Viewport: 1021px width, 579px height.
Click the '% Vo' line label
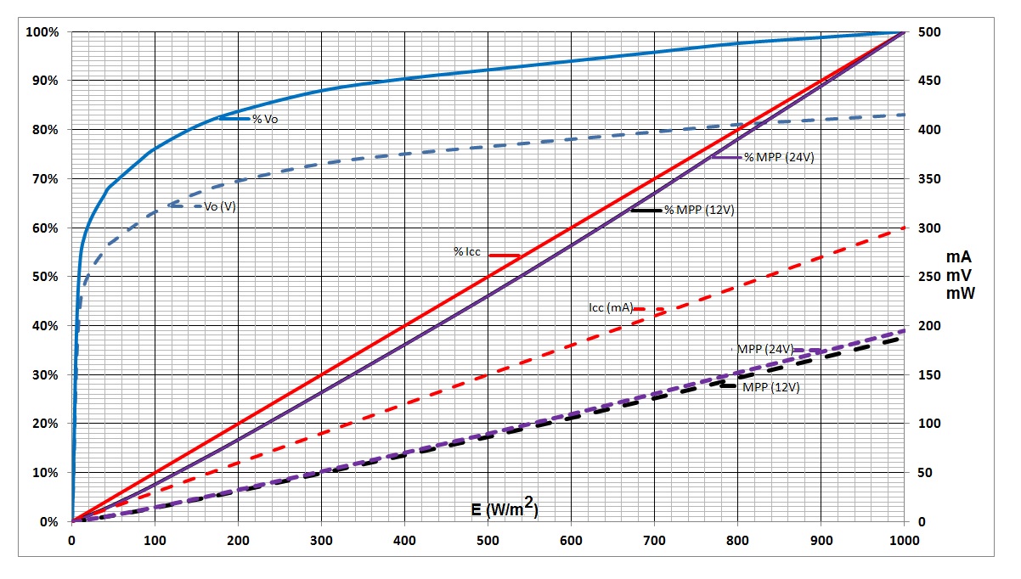265,119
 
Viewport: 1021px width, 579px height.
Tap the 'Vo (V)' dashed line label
220,206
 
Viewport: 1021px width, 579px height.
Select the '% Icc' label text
467,251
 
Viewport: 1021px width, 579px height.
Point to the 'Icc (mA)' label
610,307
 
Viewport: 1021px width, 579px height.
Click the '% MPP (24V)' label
779,157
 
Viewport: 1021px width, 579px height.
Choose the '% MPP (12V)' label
699,211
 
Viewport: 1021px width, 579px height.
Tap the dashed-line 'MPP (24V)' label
764,349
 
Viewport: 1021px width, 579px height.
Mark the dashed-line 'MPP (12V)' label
770,387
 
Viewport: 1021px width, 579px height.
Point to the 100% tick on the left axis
42,32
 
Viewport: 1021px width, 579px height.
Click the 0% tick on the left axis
48,521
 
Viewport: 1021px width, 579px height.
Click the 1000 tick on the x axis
904,538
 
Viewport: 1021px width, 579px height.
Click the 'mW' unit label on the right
960,294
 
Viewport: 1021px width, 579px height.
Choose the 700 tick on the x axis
654,538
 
